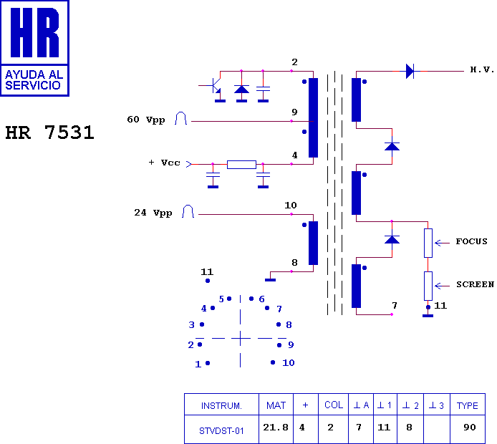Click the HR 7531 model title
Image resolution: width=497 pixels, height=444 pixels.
[49, 132]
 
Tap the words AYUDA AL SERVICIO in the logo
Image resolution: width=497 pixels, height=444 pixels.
[34, 80]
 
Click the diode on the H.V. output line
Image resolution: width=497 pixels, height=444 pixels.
[410, 71]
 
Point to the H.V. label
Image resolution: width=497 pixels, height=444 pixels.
[482, 69]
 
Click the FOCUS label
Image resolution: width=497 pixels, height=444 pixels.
[472, 241]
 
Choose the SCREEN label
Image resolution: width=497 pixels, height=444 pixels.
[475, 284]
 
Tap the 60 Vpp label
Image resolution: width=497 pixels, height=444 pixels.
[146, 120]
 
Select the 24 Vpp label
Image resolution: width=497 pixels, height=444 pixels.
[153, 213]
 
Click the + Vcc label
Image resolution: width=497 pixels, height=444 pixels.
[164, 163]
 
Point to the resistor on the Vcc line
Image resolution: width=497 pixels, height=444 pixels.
[241, 165]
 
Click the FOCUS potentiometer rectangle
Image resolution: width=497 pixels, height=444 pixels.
[428, 243]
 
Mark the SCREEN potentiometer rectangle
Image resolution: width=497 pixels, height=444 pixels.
[428, 286]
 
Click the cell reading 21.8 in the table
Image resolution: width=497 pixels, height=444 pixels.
[276, 428]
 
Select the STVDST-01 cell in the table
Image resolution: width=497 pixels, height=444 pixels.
[221, 431]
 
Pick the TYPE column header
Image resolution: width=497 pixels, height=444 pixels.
[468, 405]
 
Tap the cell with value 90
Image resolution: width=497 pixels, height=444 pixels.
[469, 428]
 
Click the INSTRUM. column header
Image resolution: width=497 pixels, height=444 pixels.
[221, 405]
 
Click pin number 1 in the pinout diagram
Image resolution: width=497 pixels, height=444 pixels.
[198, 364]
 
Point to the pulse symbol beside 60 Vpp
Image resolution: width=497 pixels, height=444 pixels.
[181, 118]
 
